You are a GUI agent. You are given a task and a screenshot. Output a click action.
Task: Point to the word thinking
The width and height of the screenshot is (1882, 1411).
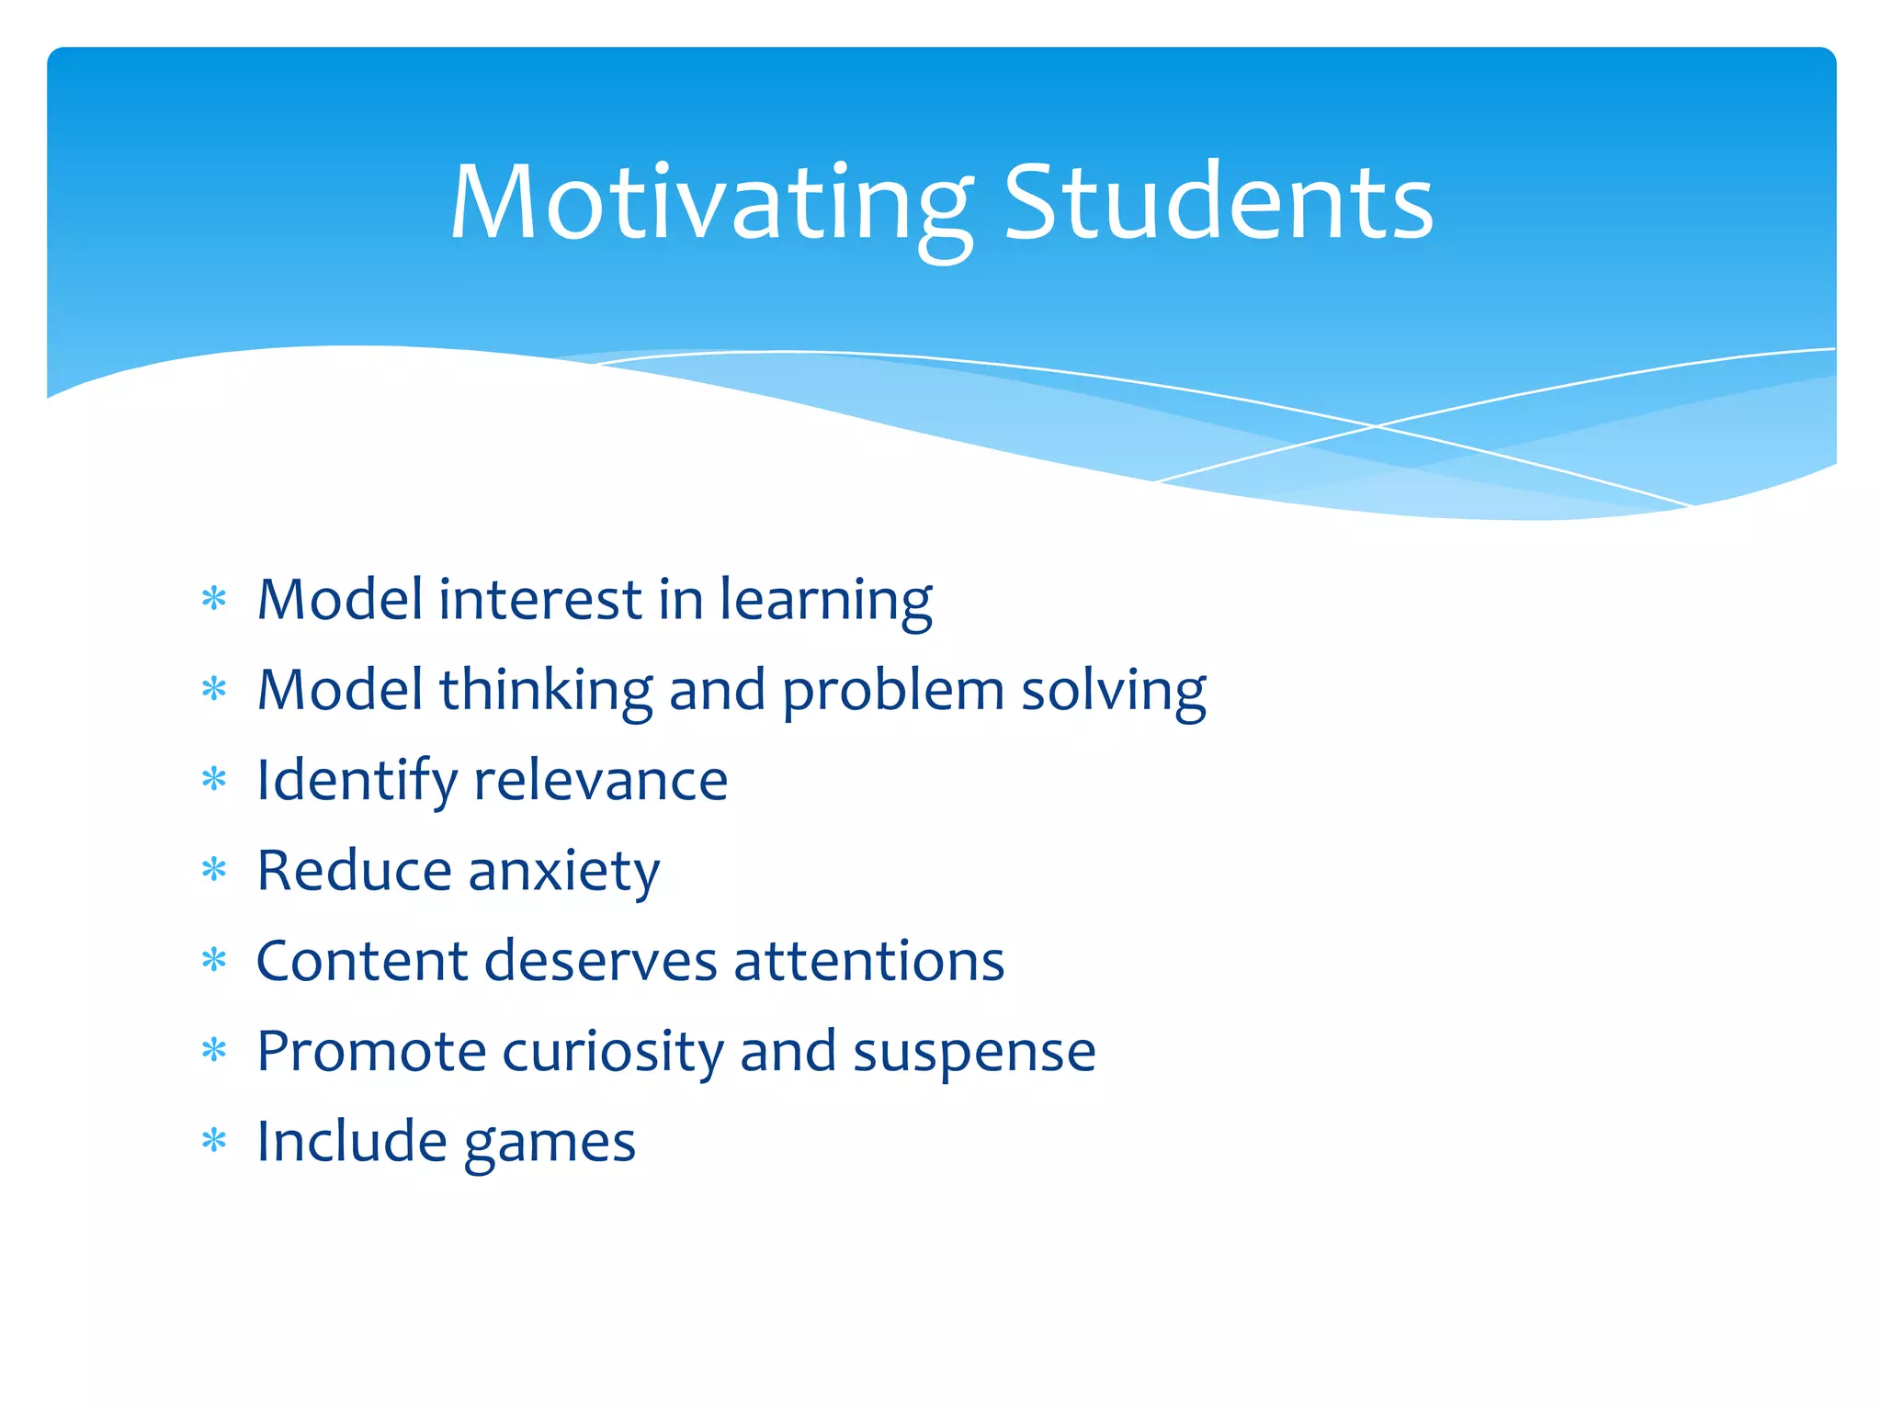click(x=546, y=691)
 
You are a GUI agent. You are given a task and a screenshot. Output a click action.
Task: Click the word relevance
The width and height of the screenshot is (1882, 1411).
click(x=600, y=781)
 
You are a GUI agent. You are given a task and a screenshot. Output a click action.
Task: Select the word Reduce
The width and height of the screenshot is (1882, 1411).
click(x=354, y=871)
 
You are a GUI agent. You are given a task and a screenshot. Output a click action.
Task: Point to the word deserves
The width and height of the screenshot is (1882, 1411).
click(x=600, y=961)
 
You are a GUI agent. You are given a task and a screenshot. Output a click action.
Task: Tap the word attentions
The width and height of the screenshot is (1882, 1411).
click(x=868, y=961)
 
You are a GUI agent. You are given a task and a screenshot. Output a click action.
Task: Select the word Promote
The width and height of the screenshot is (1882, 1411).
click(x=371, y=1051)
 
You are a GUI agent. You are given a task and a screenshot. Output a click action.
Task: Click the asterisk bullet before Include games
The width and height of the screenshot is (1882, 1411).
click(x=214, y=1141)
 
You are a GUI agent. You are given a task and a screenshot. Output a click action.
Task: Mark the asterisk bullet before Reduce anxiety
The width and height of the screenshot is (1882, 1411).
click(x=214, y=869)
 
